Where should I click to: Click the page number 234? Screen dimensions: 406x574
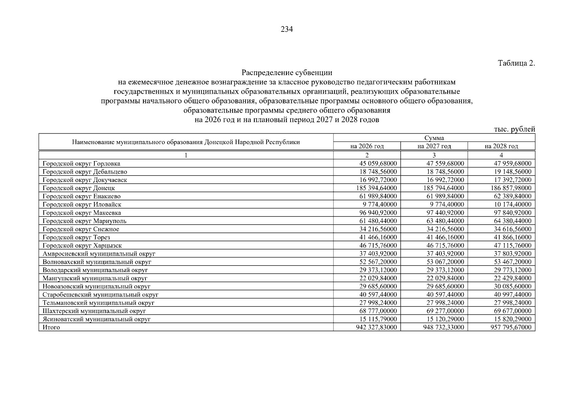286,29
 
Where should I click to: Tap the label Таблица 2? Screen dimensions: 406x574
516,63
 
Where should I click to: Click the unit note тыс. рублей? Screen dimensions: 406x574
514,129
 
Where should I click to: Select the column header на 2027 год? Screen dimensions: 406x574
434,146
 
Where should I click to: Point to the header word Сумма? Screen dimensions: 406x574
434,138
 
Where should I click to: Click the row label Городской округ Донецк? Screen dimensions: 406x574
79,188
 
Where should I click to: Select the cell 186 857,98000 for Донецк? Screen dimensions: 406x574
511,188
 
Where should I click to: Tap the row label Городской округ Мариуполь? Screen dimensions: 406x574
85,221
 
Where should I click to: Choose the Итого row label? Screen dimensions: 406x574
51,327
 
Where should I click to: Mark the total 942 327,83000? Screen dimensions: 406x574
376,327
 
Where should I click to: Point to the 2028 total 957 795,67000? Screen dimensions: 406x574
511,327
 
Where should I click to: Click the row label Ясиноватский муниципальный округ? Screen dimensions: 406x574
96,319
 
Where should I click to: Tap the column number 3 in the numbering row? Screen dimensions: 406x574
434,155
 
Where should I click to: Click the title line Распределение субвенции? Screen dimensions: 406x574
286,73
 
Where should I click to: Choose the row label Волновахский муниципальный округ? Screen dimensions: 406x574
97,262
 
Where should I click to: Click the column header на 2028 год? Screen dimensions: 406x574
501,146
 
